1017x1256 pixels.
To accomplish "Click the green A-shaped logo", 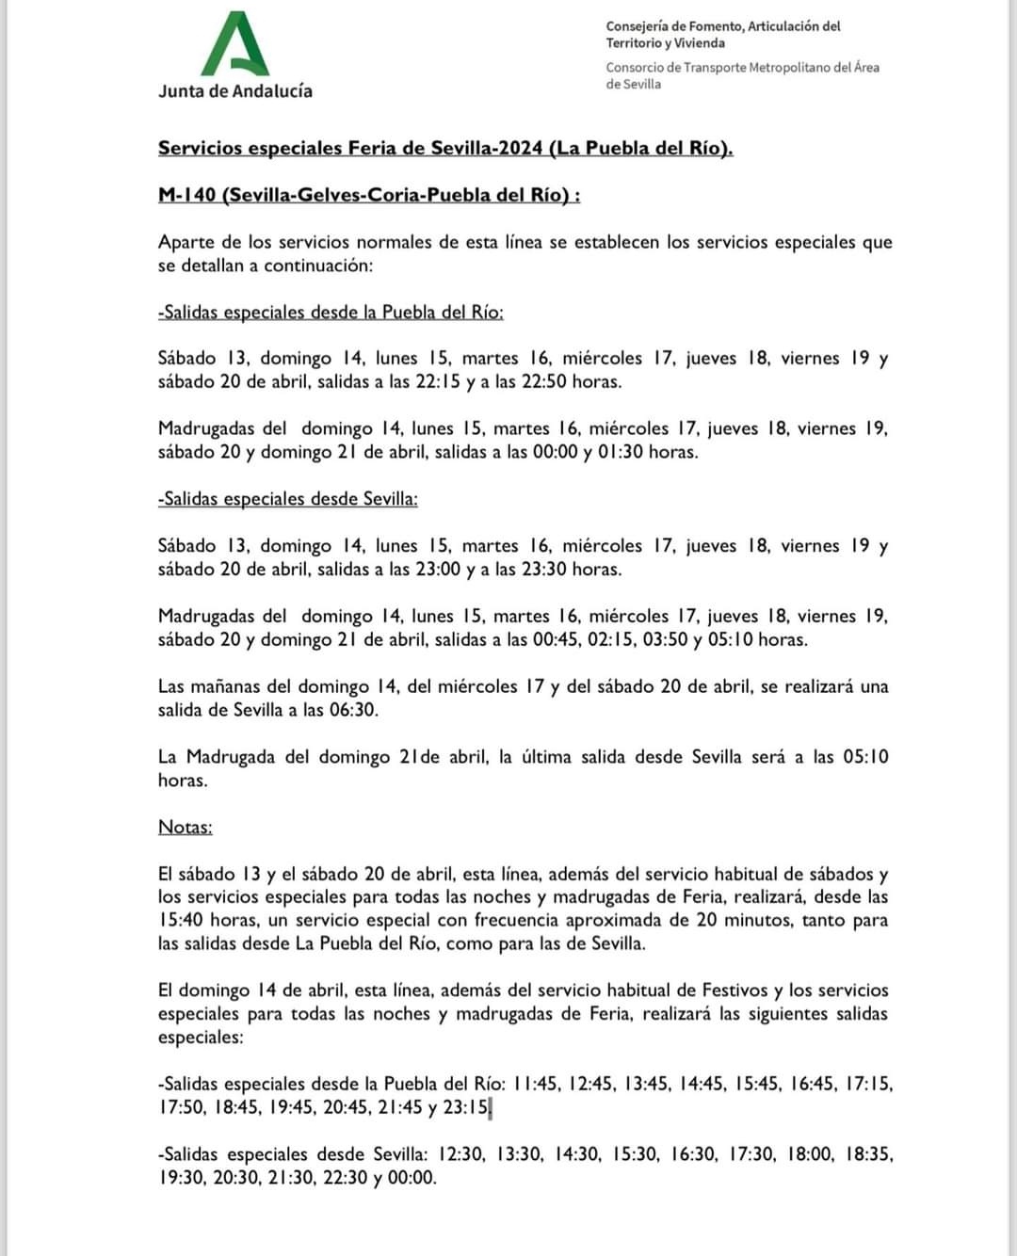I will click(235, 44).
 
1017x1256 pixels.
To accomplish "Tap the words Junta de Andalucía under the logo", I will click(235, 91).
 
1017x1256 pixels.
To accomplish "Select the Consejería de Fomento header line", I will click(723, 26).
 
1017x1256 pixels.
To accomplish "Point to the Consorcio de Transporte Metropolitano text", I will click(742, 68).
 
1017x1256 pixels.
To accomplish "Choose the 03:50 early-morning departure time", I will click(666, 639).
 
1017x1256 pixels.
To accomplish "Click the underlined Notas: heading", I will click(185, 827).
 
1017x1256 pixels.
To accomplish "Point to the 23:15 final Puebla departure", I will click(467, 1107).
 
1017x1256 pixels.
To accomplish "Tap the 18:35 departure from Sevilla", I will click(867, 1154).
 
